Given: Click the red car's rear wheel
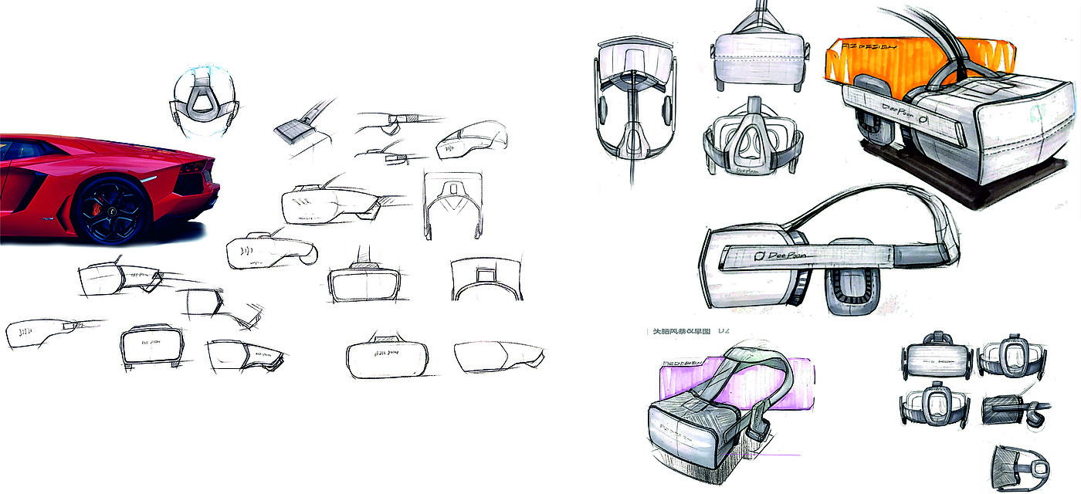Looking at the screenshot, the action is coord(111,211).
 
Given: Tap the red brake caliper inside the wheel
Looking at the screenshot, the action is coord(98,203).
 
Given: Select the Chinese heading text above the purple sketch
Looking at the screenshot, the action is coord(680,331).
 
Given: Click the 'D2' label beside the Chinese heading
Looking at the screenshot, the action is coord(723,331).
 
